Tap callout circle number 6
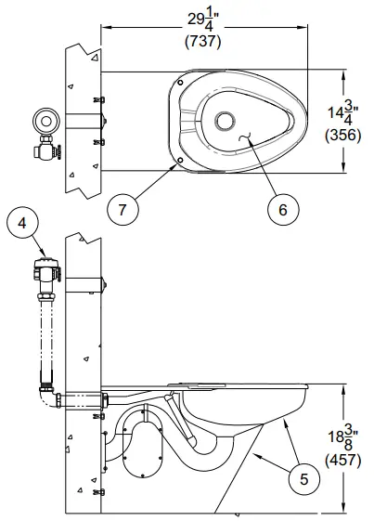point(282,208)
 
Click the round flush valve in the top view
point(45,121)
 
